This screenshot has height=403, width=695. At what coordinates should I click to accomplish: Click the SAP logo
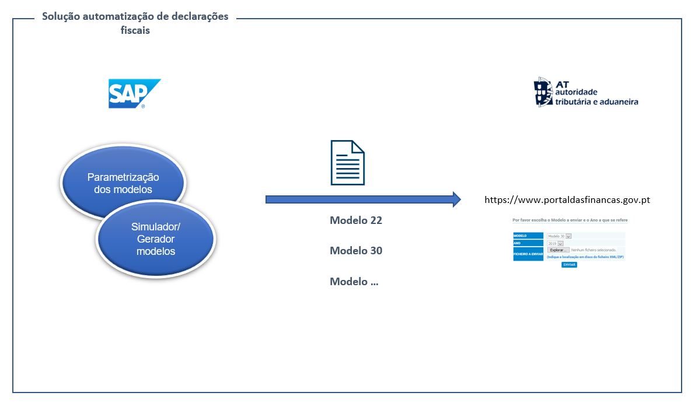[x=134, y=93]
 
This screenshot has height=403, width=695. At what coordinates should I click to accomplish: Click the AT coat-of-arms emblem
[x=543, y=92]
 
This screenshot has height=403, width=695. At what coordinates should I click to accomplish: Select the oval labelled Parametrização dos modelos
[x=123, y=183]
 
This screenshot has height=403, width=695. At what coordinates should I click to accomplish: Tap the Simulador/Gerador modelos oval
[x=156, y=240]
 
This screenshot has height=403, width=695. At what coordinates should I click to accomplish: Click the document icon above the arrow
[x=347, y=163]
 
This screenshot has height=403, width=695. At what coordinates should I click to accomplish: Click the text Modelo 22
[x=356, y=220]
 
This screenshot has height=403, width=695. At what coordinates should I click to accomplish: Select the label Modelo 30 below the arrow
[x=356, y=251]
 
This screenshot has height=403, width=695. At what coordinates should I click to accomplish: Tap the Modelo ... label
[x=354, y=282]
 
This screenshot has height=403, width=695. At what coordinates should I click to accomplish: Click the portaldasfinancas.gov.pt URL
[x=567, y=200]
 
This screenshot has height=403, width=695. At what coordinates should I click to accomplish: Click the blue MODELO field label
[x=528, y=236]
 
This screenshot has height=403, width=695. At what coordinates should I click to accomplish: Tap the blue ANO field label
[x=528, y=243]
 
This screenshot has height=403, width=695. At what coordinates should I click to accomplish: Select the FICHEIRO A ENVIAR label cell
[x=528, y=254]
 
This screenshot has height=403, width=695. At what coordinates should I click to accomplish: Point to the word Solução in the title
[x=61, y=16]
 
